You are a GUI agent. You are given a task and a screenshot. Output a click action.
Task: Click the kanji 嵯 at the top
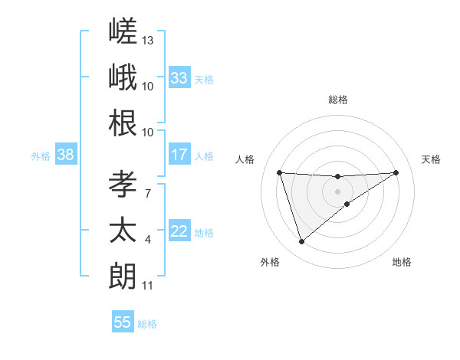(x=123, y=31)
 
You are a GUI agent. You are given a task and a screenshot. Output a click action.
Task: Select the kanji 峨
(x=123, y=77)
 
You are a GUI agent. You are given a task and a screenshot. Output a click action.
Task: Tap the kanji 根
(x=123, y=123)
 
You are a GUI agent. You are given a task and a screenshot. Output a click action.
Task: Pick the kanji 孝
(x=123, y=184)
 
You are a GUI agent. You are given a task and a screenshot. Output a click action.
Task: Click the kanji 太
(x=123, y=230)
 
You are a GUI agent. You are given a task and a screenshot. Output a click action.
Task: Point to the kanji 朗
(x=123, y=277)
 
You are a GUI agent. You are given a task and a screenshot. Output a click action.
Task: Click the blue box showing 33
(x=179, y=77)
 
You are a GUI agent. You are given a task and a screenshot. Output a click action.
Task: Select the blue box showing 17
(x=179, y=154)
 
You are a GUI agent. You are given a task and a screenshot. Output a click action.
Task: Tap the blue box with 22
(x=179, y=230)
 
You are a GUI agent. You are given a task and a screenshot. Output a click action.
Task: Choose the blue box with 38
(x=66, y=154)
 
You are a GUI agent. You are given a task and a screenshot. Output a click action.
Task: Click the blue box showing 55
(x=123, y=321)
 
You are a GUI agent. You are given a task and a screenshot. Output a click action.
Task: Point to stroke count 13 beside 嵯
(x=147, y=41)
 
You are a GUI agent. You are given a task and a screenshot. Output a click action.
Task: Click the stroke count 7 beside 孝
(x=148, y=194)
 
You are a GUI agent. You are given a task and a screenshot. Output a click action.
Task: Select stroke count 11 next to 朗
(x=147, y=286)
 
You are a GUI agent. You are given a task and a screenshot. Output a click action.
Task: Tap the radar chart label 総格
(x=338, y=100)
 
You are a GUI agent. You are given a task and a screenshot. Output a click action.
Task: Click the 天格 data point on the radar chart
(x=396, y=172)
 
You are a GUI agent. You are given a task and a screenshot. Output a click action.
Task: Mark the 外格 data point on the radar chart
(x=301, y=242)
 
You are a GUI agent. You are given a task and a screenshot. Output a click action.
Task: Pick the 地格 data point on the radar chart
(x=347, y=204)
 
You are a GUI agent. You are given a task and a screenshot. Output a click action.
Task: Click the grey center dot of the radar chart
(x=337, y=192)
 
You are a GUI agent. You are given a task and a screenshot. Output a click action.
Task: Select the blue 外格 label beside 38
(x=41, y=156)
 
